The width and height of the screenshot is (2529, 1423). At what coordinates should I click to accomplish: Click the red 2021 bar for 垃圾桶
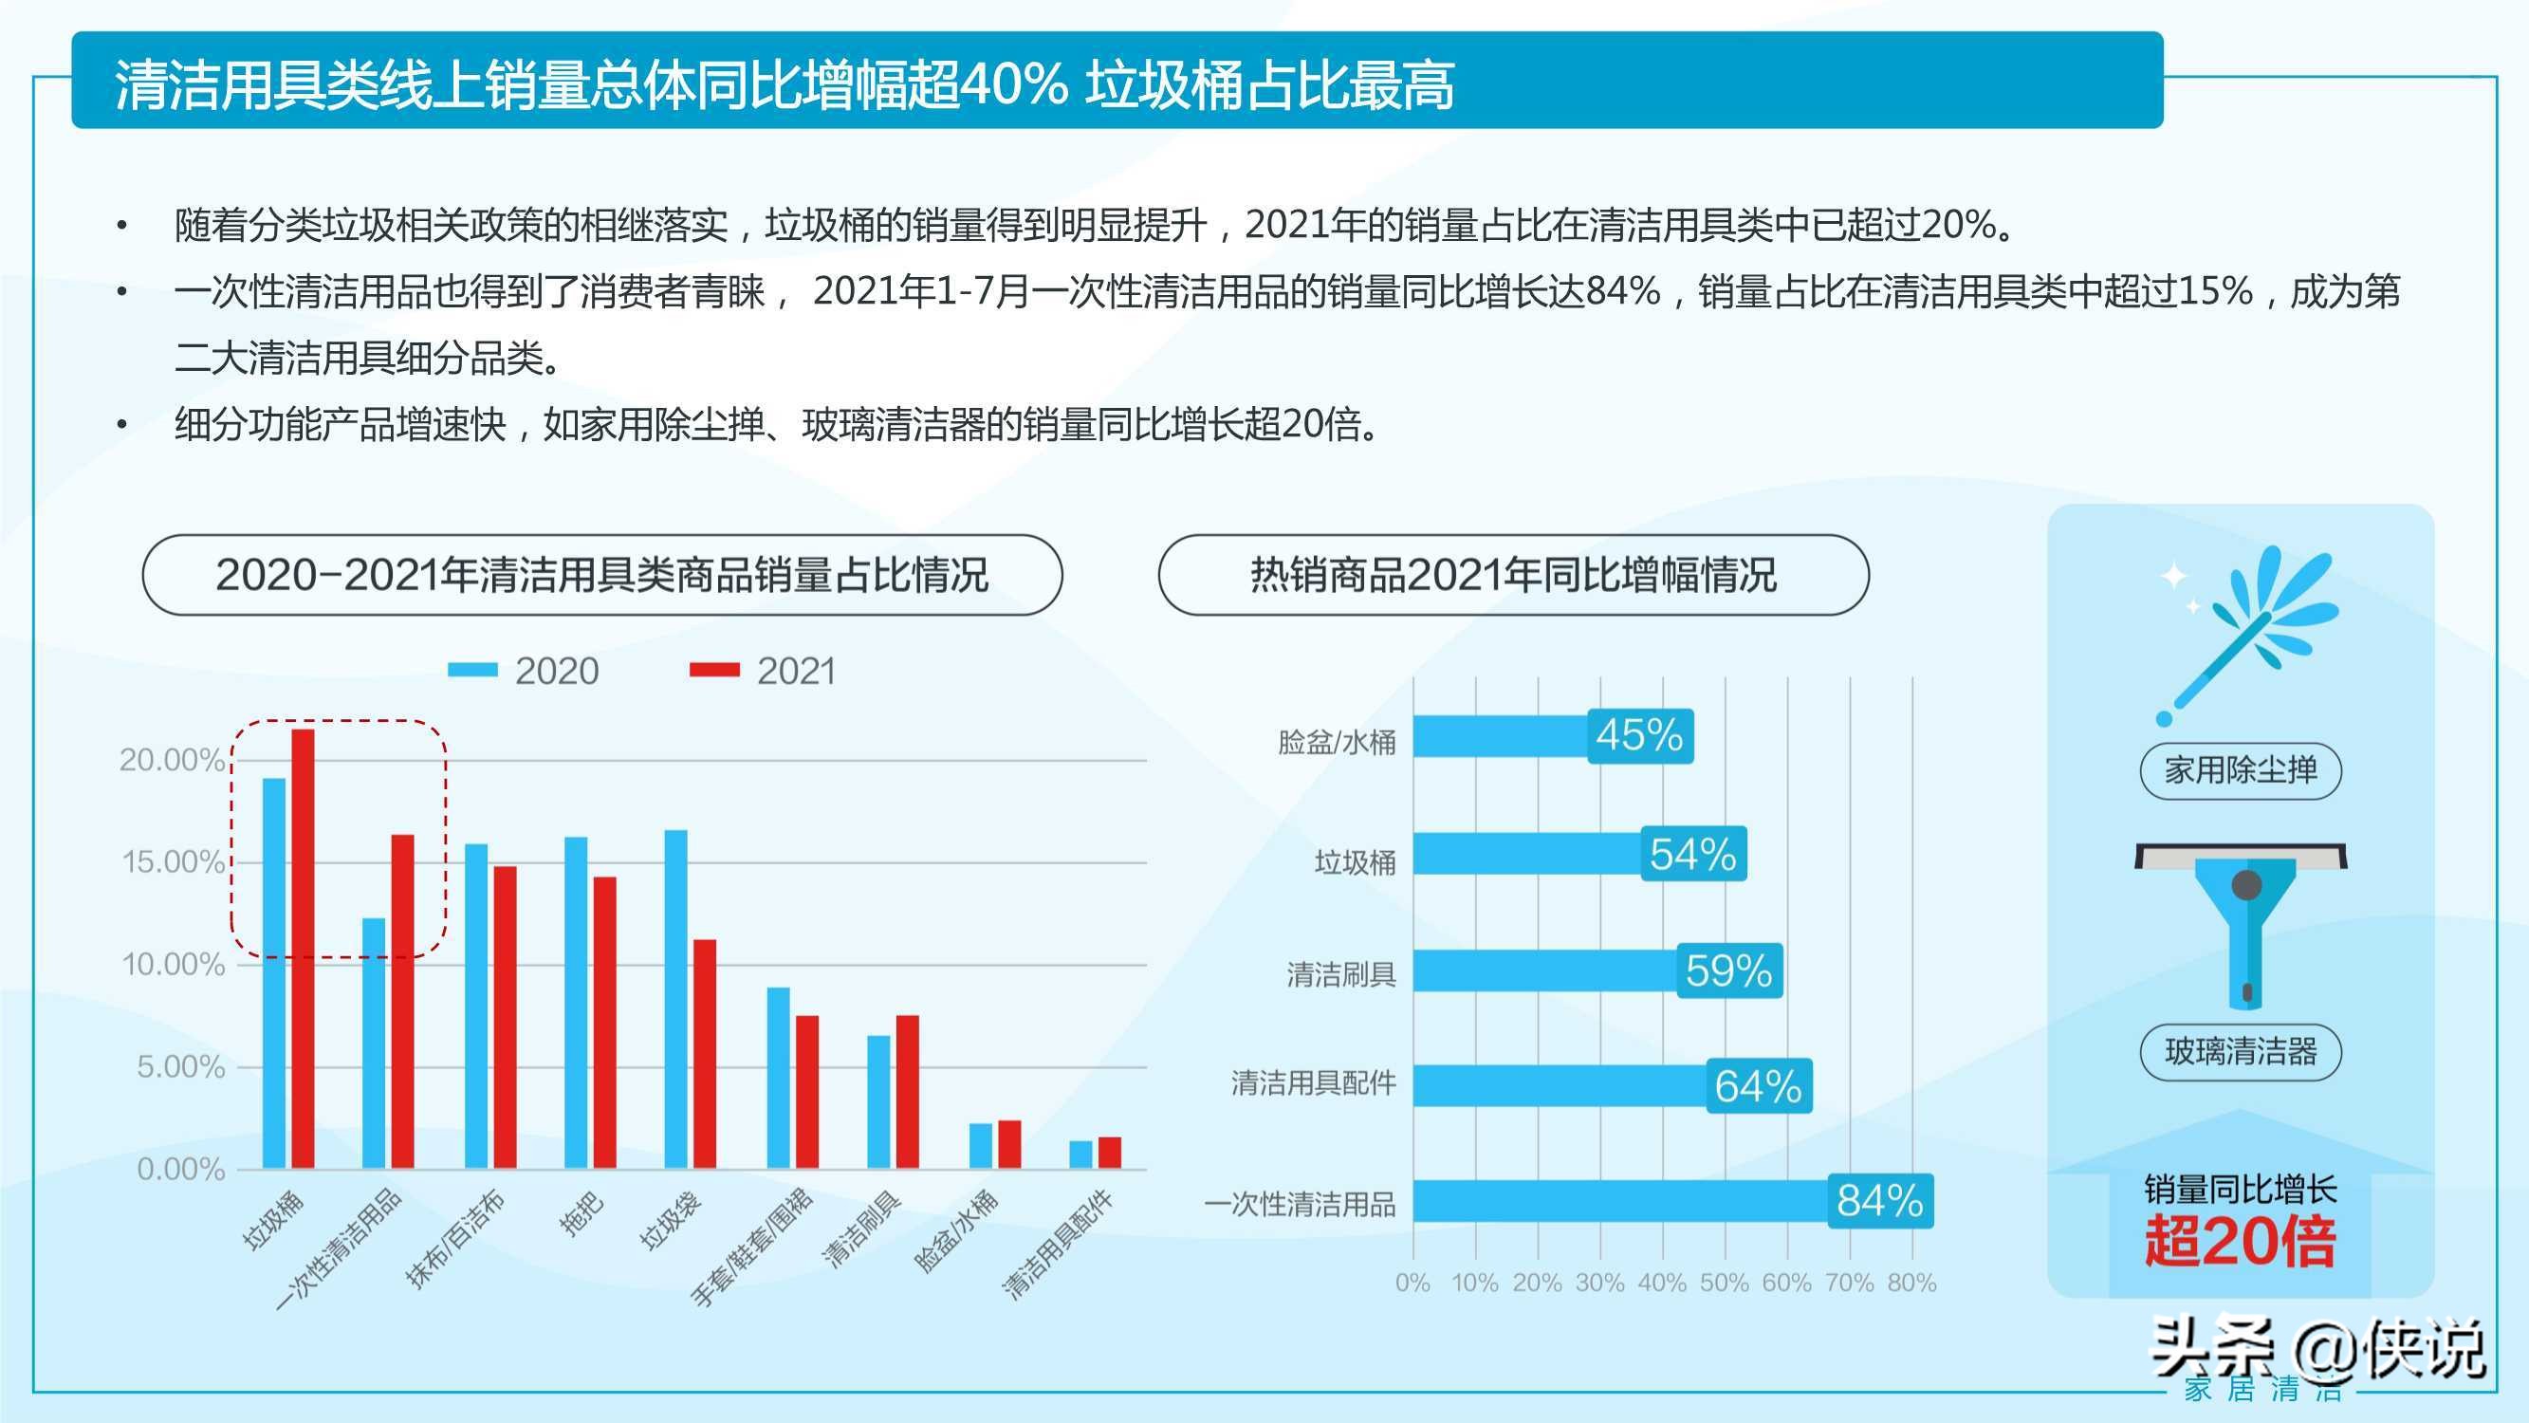(304, 948)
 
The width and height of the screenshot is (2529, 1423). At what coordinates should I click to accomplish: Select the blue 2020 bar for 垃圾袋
(675, 999)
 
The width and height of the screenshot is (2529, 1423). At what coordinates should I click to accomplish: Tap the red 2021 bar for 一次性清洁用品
(402, 1001)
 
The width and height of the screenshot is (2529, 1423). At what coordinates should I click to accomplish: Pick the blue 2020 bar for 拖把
(575, 1002)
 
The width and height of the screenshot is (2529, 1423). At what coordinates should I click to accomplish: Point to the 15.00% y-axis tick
(172, 862)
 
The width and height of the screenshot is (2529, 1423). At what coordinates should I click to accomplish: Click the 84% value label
(1879, 1201)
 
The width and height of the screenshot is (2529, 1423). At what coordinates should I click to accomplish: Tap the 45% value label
(1639, 735)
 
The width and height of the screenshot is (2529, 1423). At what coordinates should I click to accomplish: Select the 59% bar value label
(1727, 971)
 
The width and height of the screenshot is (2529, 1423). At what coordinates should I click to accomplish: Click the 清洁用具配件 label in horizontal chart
(1314, 1083)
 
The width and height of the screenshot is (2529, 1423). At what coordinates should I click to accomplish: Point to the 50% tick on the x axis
(1724, 1283)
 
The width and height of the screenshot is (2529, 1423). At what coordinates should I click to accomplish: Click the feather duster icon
(2248, 634)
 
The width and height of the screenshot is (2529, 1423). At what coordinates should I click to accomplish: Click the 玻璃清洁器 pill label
(2241, 1053)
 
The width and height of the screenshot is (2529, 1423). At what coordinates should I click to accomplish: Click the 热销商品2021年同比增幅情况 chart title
(1513, 576)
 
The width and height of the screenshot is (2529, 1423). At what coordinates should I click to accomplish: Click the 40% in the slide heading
(1013, 84)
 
